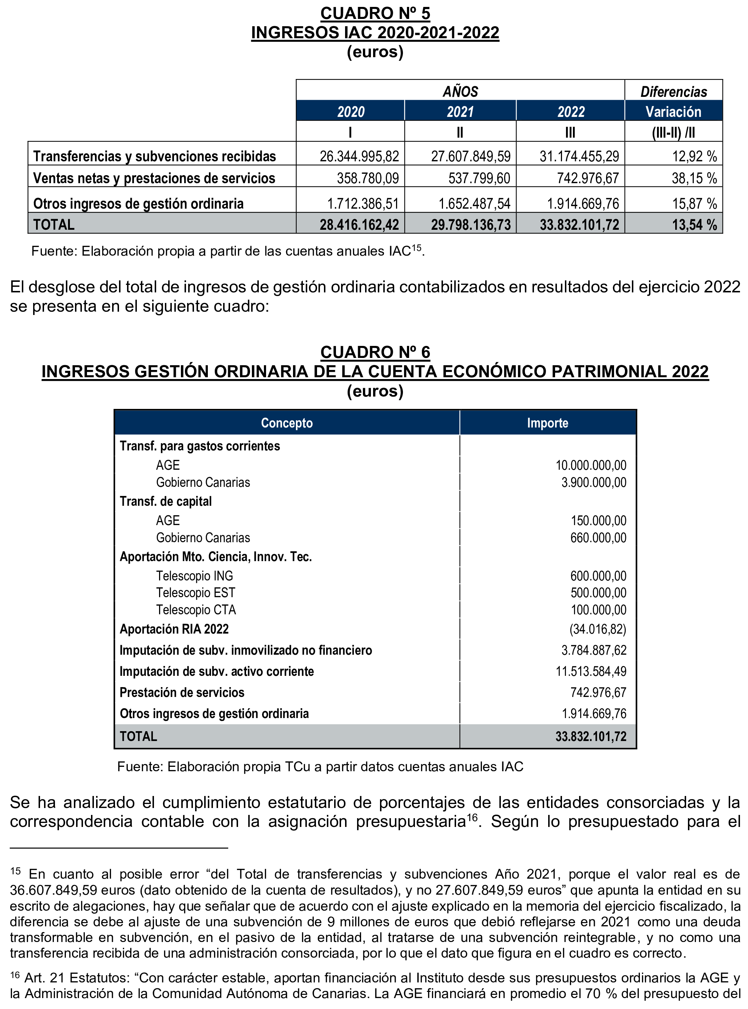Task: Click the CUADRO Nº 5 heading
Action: tap(375, 13)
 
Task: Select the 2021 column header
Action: tap(460, 111)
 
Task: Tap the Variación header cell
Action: tap(673, 111)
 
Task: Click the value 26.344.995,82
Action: tap(359, 156)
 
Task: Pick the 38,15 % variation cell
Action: tap(694, 178)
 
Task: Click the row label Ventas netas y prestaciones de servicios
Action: tap(154, 178)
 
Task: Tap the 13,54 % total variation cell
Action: tap(694, 225)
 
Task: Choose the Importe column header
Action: tap(547, 423)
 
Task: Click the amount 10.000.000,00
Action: tap(591, 465)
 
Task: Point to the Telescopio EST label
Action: tap(195, 593)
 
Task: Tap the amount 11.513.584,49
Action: tap(591, 671)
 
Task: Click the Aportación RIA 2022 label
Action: tap(174, 629)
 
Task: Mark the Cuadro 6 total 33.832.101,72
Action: tap(591, 736)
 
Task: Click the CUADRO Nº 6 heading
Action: tap(375, 352)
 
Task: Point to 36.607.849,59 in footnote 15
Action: tap(54, 890)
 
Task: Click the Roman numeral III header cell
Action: tap(570, 132)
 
